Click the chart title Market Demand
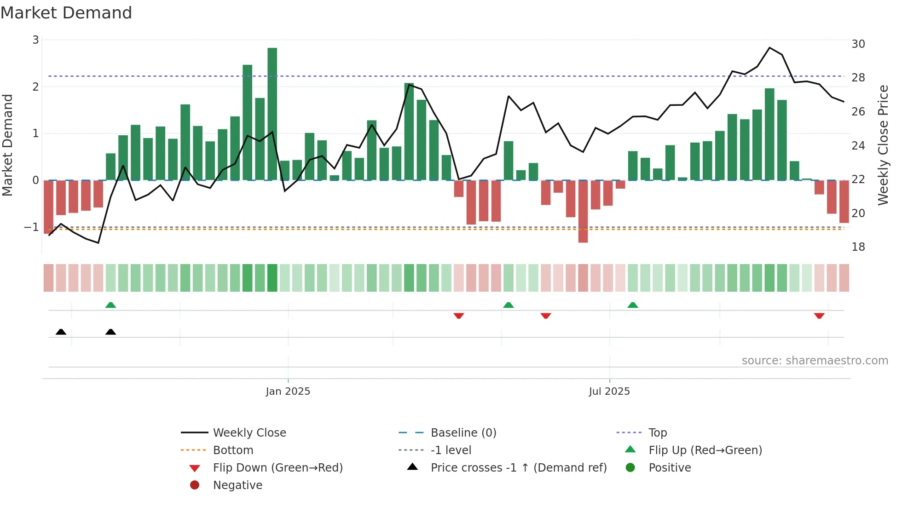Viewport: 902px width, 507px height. point(66,13)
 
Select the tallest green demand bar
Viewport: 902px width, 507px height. point(272,114)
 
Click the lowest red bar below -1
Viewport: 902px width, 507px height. point(583,211)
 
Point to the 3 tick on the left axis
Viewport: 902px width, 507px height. point(35,40)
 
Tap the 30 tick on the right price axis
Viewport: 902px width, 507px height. point(858,44)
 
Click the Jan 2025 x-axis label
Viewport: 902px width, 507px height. point(288,392)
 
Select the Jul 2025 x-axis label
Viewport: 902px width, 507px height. point(609,392)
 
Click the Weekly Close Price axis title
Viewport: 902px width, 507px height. point(883,145)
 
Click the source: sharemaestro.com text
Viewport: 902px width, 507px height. point(815,361)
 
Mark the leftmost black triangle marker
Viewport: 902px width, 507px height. point(61,332)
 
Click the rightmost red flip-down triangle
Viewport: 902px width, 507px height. point(819,316)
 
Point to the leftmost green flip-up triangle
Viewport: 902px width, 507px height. point(110,305)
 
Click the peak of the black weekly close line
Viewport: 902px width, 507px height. point(769,48)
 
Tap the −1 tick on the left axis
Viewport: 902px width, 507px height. point(31,227)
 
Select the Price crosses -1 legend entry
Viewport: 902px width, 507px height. point(518,468)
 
